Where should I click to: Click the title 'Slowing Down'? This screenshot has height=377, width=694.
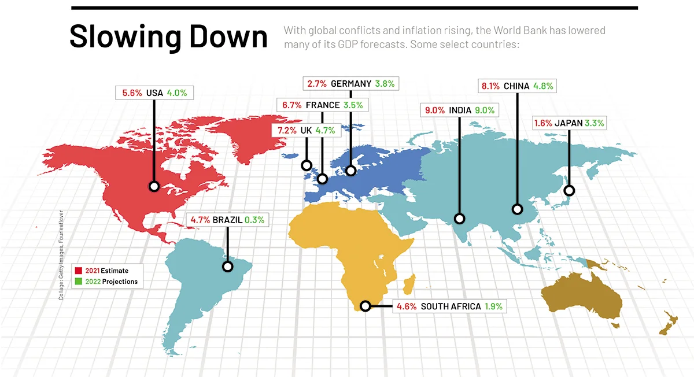pyautogui.click(x=168, y=36)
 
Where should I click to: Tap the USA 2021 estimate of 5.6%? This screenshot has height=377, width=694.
pyautogui.click(x=132, y=93)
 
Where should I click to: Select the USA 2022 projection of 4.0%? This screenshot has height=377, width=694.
pyautogui.click(x=176, y=93)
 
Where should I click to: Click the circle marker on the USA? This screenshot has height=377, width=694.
pyautogui.click(x=154, y=186)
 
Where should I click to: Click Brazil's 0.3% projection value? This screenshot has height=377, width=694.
pyautogui.click(x=254, y=220)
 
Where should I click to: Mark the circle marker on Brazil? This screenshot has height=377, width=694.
pyautogui.click(x=228, y=266)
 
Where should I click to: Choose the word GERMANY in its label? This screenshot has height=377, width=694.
pyautogui.click(x=350, y=84)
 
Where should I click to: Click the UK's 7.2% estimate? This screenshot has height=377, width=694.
pyautogui.click(x=287, y=131)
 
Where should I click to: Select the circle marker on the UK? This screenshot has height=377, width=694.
pyautogui.click(x=306, y=166)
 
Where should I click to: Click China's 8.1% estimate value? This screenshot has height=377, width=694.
pyautogui.click(x=491, y=86)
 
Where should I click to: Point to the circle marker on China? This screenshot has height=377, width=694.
pyautogui.click(x=518, y=209)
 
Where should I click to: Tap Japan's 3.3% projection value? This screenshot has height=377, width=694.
pyautogui.click(x=595, y=123)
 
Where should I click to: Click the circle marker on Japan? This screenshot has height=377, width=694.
pyautogui.click(x=569, y=190)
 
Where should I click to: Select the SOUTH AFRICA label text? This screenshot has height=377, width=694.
pyautogui.click(x=451, y=306)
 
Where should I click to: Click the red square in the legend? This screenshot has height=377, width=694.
pyautogui.click(x=78, y=271)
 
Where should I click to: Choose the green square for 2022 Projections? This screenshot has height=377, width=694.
pyautogui.click(x=78, y=282)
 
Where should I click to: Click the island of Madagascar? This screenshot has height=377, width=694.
pyautogui.click(x=408, y=285)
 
